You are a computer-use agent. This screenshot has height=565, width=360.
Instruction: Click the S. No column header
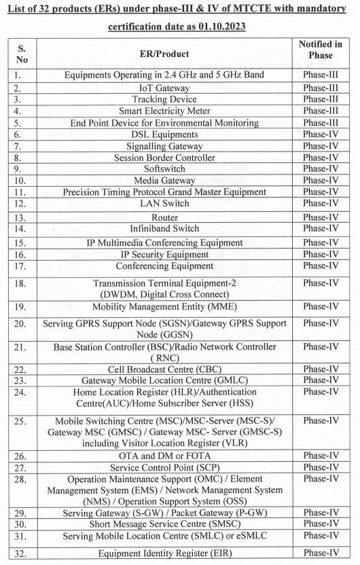coord(21,54)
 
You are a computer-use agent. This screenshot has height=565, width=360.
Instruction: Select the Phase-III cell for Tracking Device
coord(320,99)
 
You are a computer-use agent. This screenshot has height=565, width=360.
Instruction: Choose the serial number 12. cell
coord(21,204)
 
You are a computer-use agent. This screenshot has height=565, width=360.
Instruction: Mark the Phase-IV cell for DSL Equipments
coord(320,134)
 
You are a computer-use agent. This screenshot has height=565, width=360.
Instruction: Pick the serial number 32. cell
coord(21,553)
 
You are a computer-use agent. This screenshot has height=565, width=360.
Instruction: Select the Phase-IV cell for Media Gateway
coord(320,180)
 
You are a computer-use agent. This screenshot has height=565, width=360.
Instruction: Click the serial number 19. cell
coord(21,307)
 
